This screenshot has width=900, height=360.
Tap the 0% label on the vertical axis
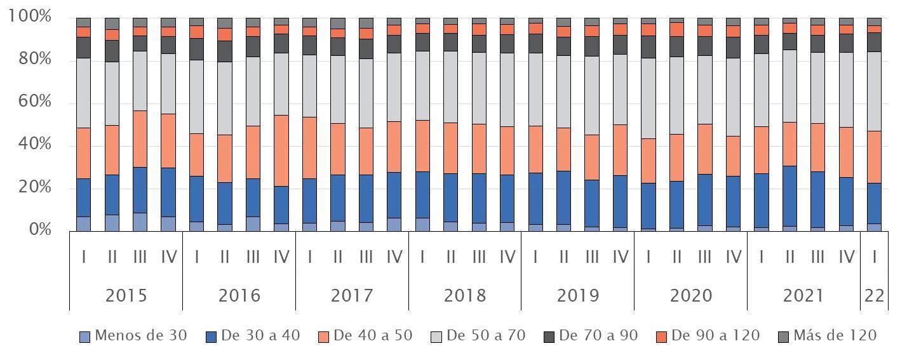pyautogui.click(x=39, y=229)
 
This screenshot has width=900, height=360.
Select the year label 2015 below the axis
pyautogui.click(x=126, y=296)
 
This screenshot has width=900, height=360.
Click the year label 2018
pyautogui.click(x=465, y=296)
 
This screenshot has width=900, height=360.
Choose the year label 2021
pyautogui.click(x=803, y=296)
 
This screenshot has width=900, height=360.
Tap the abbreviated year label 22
pyautogui.click(x=875, y=296)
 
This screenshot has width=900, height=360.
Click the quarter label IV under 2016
pyautogui.click(x=281, y=257)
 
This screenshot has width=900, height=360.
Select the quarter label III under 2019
pyautogui.click(x=592, y=257)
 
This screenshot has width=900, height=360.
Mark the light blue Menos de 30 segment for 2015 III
pyautogui.click(x=140, y=222)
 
